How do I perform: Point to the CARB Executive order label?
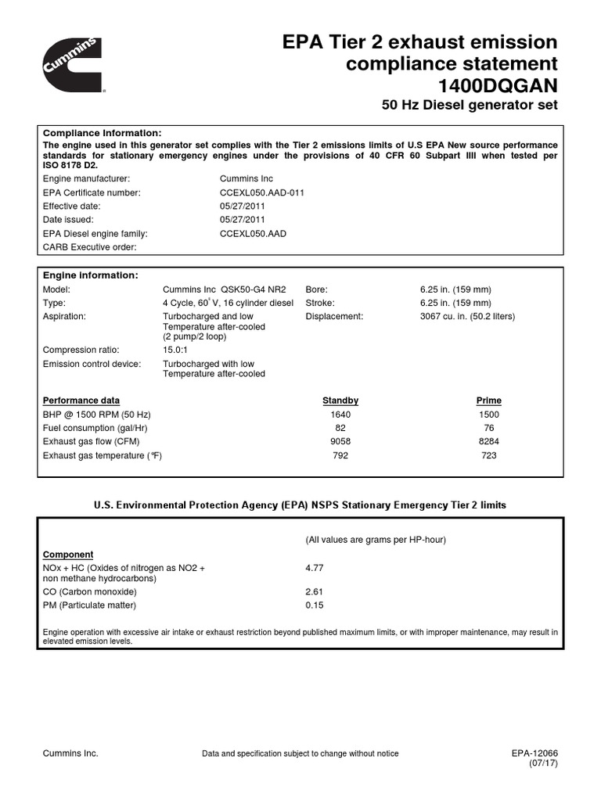[89, 247]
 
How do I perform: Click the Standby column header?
[340, 400]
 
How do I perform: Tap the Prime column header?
[489, 400]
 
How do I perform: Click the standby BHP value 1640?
[340, 415]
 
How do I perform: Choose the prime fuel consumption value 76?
[489, 428]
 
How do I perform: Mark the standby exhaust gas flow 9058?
[340, 441]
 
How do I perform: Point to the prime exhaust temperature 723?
[489, 455]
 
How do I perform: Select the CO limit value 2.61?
[314, 592]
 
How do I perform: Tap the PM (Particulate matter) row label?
[89, 605]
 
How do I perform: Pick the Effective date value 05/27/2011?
[242, 206]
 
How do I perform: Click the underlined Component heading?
[68, 554]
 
